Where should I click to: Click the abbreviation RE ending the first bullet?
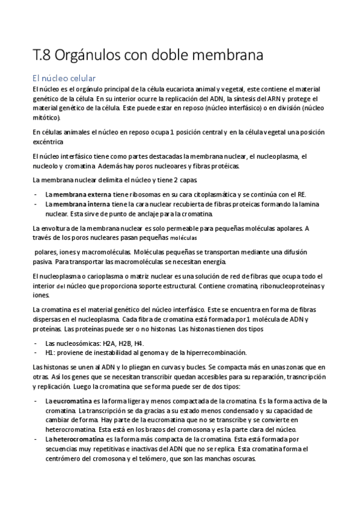(301, 194)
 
